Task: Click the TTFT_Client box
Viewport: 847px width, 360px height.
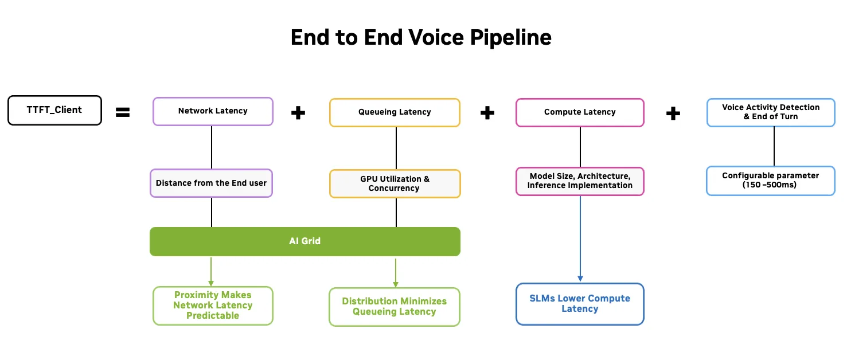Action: click(54, 110)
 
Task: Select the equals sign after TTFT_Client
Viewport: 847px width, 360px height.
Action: click(123, 112)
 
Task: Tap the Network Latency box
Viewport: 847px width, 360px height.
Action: click(213, 111)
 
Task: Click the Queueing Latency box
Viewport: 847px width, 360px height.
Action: click(395, 112)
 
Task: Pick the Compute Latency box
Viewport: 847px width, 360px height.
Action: click(580, 112)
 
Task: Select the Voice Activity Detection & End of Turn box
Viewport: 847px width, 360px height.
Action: click(770, 112)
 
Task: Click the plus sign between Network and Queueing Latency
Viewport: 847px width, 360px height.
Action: click(298, 113)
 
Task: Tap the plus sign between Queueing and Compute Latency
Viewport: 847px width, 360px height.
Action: click(487, 113)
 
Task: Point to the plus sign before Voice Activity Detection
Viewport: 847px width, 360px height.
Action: click(673, 113)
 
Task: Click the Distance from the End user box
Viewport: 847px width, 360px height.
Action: click(211, 183)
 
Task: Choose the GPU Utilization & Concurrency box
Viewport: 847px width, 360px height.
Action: click(395, 183)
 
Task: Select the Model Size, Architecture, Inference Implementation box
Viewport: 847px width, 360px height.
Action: click(580, 181)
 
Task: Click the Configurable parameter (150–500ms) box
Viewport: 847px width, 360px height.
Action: click(770, 181)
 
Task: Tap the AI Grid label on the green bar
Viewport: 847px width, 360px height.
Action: click(305, 241)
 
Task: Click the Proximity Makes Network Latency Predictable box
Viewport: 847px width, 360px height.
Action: click(213, 306)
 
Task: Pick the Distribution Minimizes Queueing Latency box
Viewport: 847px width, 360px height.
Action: click(395, 307)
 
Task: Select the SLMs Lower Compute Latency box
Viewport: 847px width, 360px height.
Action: click(580, 304)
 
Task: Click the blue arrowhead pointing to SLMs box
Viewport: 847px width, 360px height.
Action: click(580, 279)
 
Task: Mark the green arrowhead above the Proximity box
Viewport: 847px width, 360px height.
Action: click(211, 283)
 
